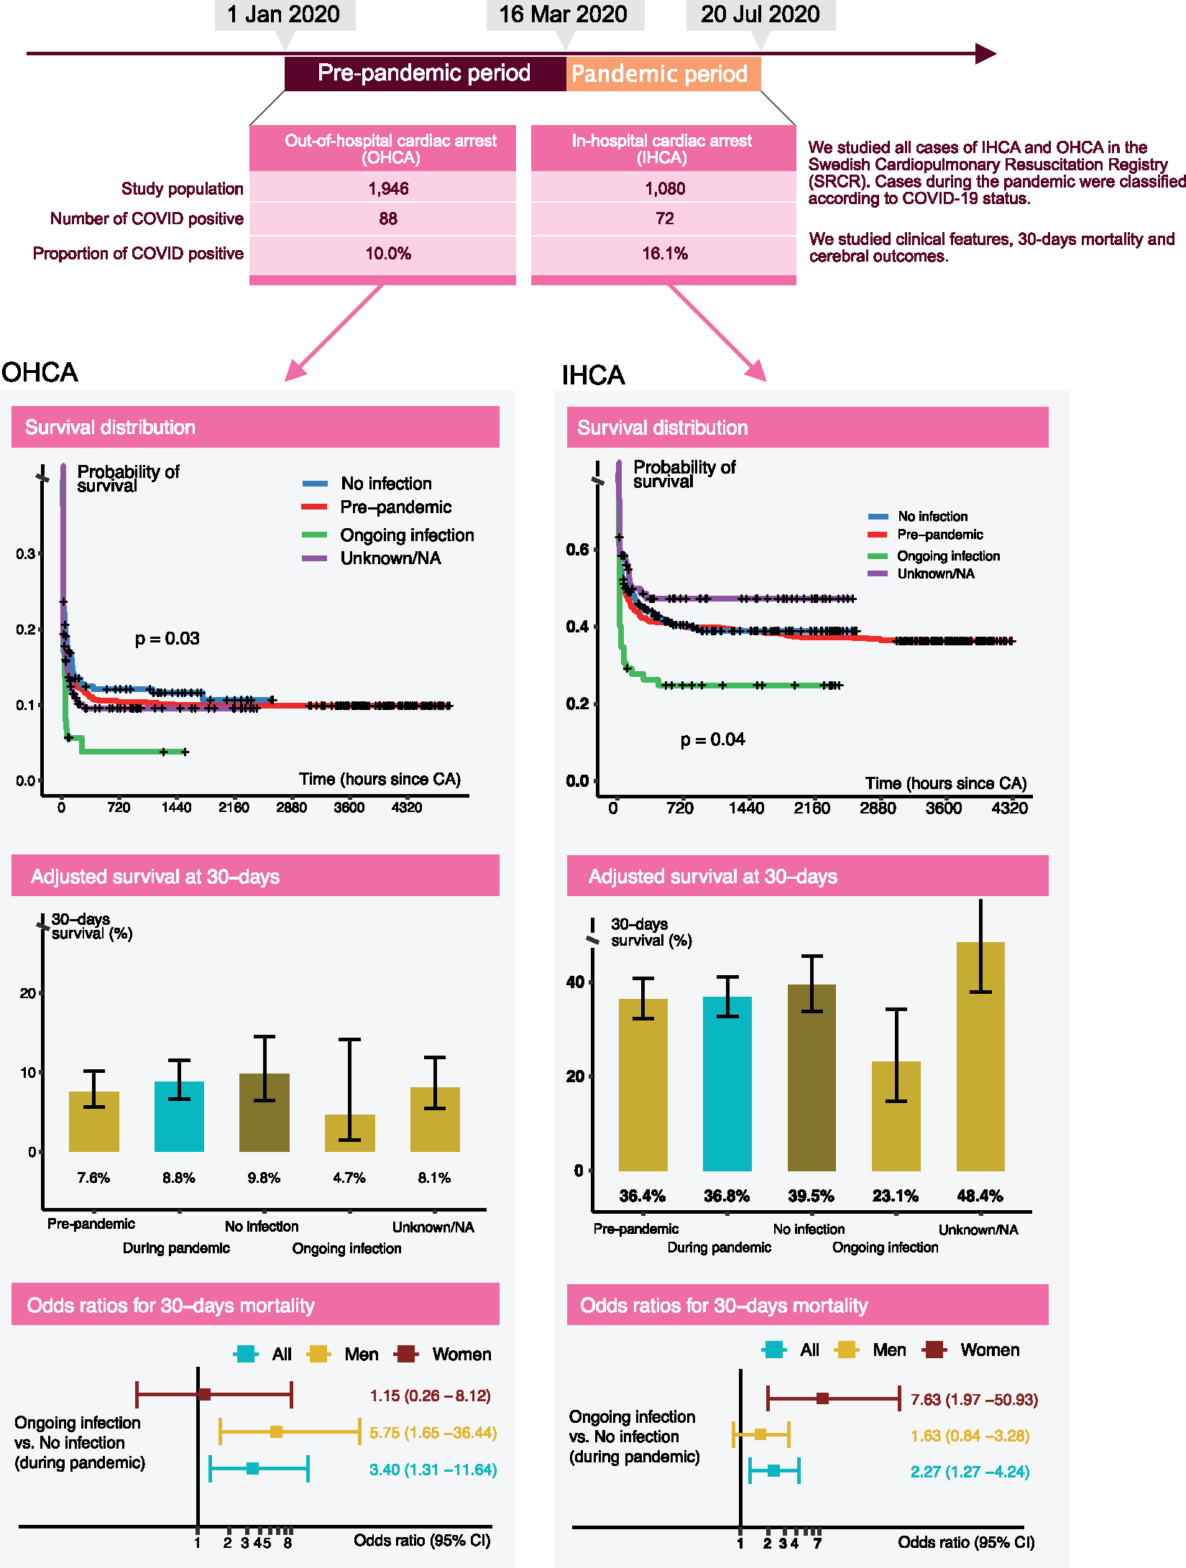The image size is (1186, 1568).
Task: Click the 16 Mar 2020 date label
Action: click(564, 14)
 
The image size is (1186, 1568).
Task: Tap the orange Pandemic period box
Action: click(663, 73)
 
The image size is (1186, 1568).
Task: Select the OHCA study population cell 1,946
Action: click(388, 188)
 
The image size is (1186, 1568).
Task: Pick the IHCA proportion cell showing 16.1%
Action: click(665, 254)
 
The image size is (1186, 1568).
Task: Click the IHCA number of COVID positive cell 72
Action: click(665, 218)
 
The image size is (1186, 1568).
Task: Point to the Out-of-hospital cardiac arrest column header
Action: click(390, 149)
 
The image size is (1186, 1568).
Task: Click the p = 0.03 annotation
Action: click(167, 639)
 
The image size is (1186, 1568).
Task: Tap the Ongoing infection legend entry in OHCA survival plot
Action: click(388, 535)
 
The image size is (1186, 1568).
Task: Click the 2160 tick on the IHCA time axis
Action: click(812, 808)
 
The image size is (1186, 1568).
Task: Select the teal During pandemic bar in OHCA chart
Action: click(179, 1116)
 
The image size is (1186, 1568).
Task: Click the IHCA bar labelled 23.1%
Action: click(896, 1116)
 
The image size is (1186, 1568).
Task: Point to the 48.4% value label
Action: click(980, 1196)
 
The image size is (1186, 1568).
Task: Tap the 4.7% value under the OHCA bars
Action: click(349, 1178)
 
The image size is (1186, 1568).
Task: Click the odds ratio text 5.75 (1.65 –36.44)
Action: click(433, 1433)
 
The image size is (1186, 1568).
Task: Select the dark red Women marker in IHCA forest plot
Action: click(823, 1398)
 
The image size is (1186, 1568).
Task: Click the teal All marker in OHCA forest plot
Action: click(252, 1469)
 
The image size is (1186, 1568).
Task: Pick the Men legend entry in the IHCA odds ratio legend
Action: click(871, 1350)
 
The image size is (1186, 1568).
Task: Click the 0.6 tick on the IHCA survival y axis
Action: click(577, 550)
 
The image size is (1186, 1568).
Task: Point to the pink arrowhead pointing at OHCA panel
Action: click(295, 370)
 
